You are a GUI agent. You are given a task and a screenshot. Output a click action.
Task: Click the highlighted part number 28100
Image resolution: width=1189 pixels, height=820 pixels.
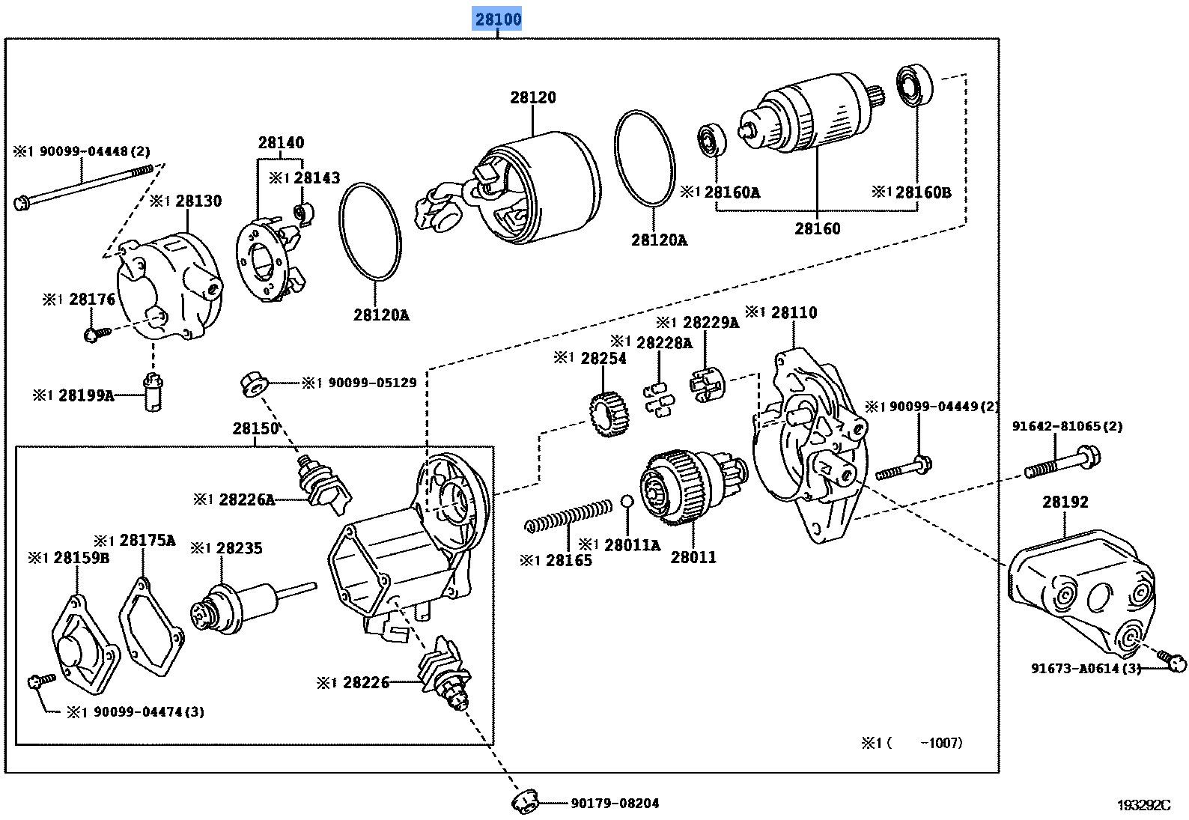(x=497, y=19)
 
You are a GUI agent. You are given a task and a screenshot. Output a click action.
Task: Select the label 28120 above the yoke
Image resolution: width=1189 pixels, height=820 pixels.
(x=533, y=97)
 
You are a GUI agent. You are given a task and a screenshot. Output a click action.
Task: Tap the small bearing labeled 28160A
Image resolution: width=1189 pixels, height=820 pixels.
(x=708, y=142)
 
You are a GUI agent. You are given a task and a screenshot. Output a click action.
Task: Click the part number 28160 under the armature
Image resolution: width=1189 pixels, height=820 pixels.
(x=817, y=228)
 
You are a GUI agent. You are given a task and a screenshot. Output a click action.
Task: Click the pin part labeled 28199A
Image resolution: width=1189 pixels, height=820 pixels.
(x=152, y=392)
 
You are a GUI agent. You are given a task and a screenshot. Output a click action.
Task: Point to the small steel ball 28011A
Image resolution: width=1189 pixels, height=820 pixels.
(x=628, y=501)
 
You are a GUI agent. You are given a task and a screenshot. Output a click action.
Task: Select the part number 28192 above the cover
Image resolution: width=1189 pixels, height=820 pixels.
(x=1065, y=502)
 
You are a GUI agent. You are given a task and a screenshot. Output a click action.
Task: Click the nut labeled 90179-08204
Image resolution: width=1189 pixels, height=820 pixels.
(x=526, y=802)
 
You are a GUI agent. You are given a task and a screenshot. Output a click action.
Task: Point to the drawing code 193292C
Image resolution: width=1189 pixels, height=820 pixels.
(x=1143, y=805)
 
